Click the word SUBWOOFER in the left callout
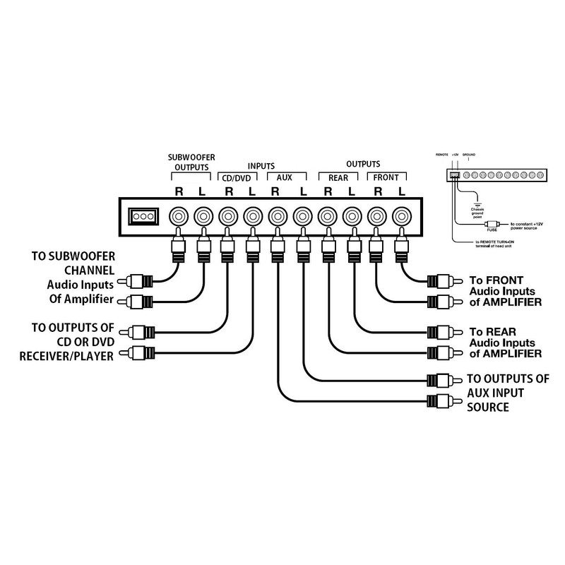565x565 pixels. [x=77, y=256]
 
